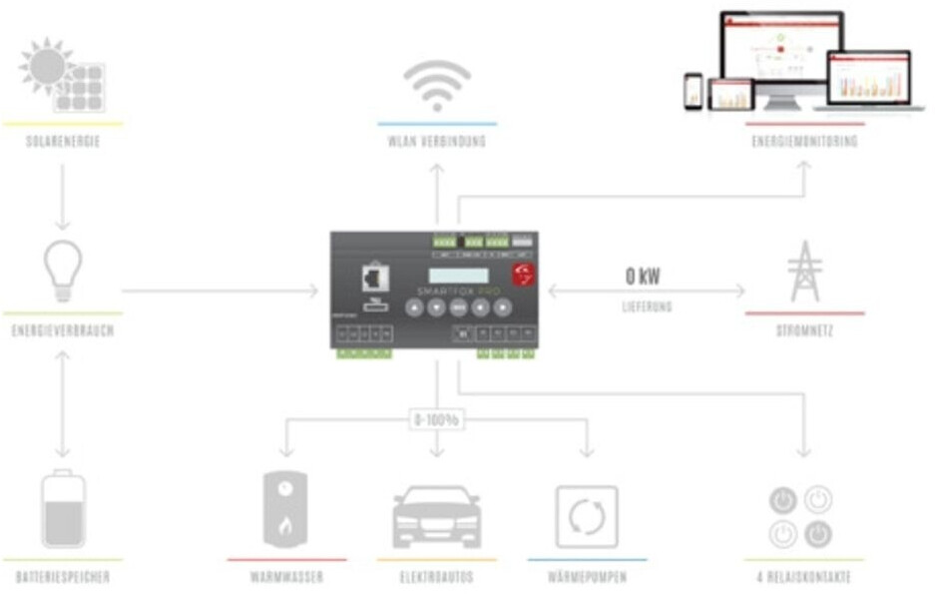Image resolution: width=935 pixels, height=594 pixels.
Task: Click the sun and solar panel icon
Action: coord(62,77)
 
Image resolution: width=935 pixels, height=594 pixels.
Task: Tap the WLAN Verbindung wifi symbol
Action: coord(437,86)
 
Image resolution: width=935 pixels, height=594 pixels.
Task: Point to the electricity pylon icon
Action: coord(804,271)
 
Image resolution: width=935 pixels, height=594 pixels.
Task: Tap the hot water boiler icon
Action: coord(286,510)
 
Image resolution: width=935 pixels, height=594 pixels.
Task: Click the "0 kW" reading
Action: coord(643,277)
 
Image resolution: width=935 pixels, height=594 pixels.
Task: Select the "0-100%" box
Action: coord(437,420)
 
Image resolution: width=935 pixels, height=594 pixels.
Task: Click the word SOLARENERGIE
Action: coord(63,142)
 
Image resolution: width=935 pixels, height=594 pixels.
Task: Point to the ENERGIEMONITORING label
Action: coord(804,142)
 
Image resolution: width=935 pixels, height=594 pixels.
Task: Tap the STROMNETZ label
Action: coord(804,330)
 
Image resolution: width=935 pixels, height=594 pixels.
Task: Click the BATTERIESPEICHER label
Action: coord(63,578)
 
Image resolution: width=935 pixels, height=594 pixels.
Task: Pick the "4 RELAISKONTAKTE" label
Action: coord(804,578)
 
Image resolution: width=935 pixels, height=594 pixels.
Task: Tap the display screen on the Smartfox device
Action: coord(459,275)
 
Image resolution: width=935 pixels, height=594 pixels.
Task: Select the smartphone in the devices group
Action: coord(693,91)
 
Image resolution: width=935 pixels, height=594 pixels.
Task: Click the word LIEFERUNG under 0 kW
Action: coord(648,307)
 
